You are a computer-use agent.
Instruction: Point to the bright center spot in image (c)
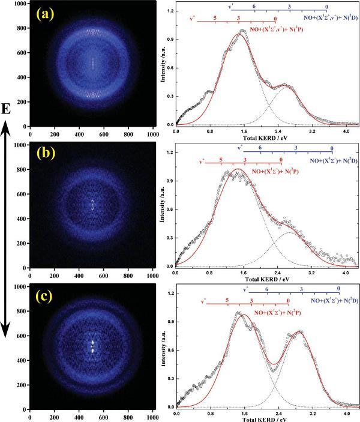point(92,348)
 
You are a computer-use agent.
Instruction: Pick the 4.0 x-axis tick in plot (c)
point(346,415)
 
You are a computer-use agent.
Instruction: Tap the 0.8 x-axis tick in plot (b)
point(210,272)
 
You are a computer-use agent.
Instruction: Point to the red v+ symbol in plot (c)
point(204,301)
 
